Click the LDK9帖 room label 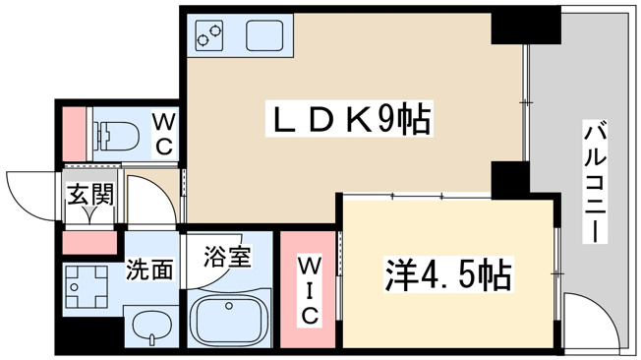(x=349, y=119)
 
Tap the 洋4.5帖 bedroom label (x=448, y=273)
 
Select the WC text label (x=164, y=134)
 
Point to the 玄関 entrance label (x=89, y=195)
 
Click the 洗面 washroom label (x=149, y=269)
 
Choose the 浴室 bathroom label (x=227, y=256)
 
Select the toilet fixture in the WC (x=116, y=134)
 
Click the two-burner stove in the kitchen (x=208, y=35)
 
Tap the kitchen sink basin (x=264, y=35)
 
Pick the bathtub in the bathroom (x=230, y=319)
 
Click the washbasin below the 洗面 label (x=151, y=326)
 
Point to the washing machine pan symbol (x=87, y=287)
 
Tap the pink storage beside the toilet (x=74, y=134)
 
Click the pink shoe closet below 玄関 (x=89, y=243)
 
